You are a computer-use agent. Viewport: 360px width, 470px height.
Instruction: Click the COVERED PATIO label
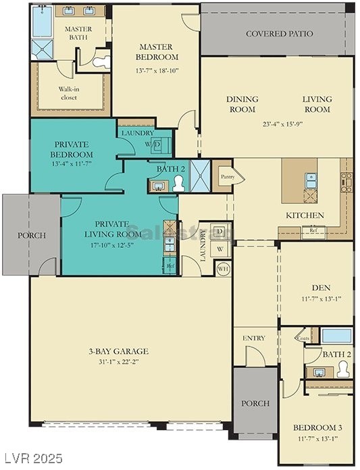(x=276, y=34)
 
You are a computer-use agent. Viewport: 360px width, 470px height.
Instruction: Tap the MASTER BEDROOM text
(x=155, y=52)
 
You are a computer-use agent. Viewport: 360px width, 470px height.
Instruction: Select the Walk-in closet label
(x=68, y=93)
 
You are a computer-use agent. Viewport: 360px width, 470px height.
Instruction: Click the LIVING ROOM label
(x=316, y=104)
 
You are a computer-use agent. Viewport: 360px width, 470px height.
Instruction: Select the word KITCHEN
(x=305, y=215)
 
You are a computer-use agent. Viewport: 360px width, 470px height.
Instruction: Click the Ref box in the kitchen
(x=313, y=230)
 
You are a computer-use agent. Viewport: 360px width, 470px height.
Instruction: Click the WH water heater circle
(x=223, y=268)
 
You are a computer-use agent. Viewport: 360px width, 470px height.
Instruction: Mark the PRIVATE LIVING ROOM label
(x=118, y=229)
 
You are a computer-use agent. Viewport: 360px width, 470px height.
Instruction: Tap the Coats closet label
(x=303, y=339)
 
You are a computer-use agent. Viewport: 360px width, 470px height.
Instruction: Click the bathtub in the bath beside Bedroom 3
(x=335, y=336)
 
